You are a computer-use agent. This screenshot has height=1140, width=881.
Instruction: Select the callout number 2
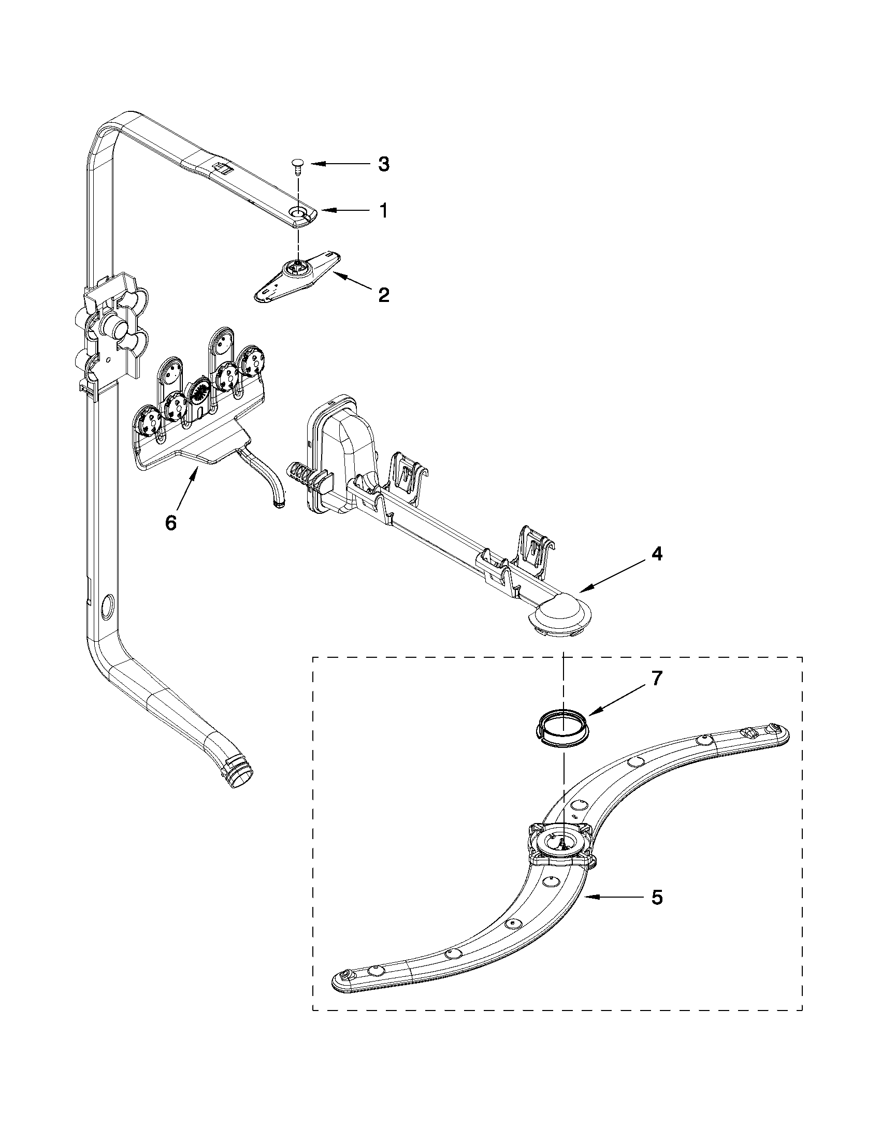click(x=384, y=295)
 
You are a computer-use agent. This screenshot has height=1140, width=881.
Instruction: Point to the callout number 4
click(x=657, y=554)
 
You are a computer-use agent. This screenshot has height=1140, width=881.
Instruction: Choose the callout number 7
click(x=657, y=678)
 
